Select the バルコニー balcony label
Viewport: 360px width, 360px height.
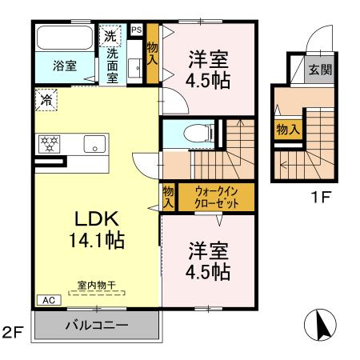point(97,327)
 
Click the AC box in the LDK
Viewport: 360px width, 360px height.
point(47,300)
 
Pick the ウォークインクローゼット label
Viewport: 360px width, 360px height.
point(214,197)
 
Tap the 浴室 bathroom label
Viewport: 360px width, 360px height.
point(65,66)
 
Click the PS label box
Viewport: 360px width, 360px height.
point(136,30)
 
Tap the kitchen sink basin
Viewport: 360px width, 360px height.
point(93,145)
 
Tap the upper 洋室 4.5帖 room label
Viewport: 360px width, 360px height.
point(209,68)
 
